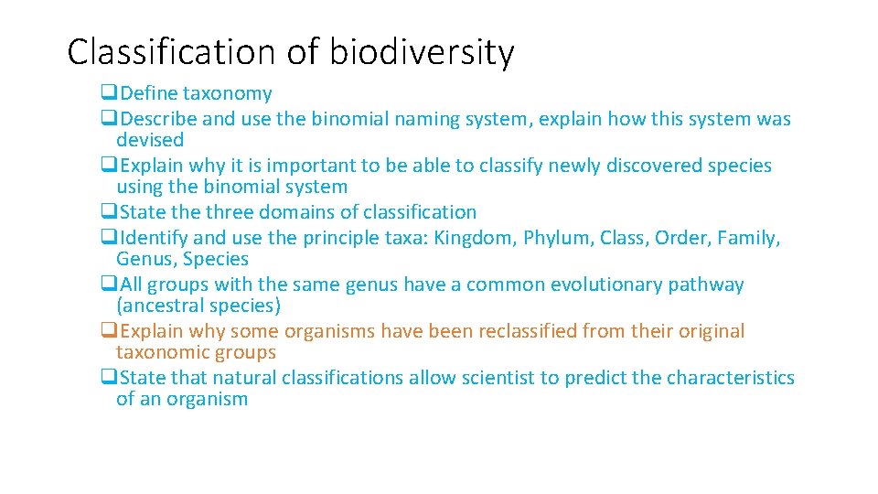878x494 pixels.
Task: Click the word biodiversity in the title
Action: [x=422, y=53]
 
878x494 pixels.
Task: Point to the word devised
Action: [x=150, y=140]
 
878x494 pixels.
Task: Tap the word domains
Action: [x=322, y=212]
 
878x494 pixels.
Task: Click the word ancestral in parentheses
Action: [x=164, y=306]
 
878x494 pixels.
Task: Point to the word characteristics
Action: [x=731, y=378]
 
